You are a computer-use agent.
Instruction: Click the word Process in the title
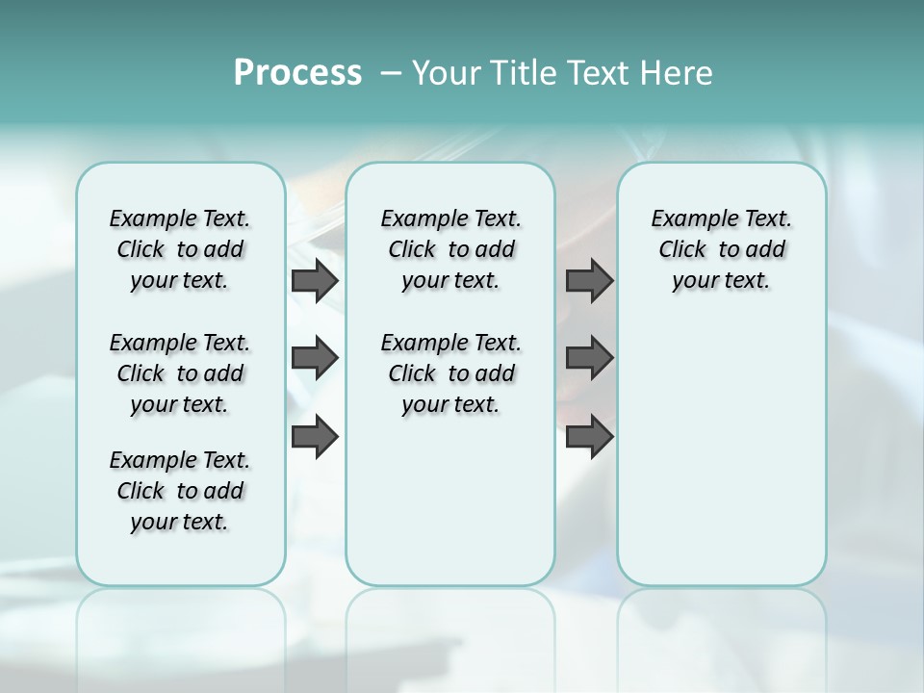click(x=297, y=73)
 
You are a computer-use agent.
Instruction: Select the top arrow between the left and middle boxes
click(x=315, y=281)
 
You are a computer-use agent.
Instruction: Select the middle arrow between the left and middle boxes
click(x=315, y=358)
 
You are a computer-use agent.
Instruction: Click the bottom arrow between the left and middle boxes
click(x=315, y=437)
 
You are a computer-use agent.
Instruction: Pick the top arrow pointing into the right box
click(x=589, y=281)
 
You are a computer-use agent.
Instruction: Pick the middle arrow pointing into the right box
click(x=589, y=358)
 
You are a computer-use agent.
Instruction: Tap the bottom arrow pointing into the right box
click(x=589, y=437)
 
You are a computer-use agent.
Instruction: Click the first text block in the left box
click(x=180, y=249)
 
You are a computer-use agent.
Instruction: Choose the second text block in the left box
click(x=180, y=373)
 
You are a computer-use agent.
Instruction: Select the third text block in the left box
click(x=180, y=491)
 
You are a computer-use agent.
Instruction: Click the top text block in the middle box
click(x=450, y=249)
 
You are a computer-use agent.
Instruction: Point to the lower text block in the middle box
click(x=450, y=373)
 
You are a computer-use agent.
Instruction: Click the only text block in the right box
click(x=721, y=249)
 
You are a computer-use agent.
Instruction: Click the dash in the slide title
click(x=391, y=73)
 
